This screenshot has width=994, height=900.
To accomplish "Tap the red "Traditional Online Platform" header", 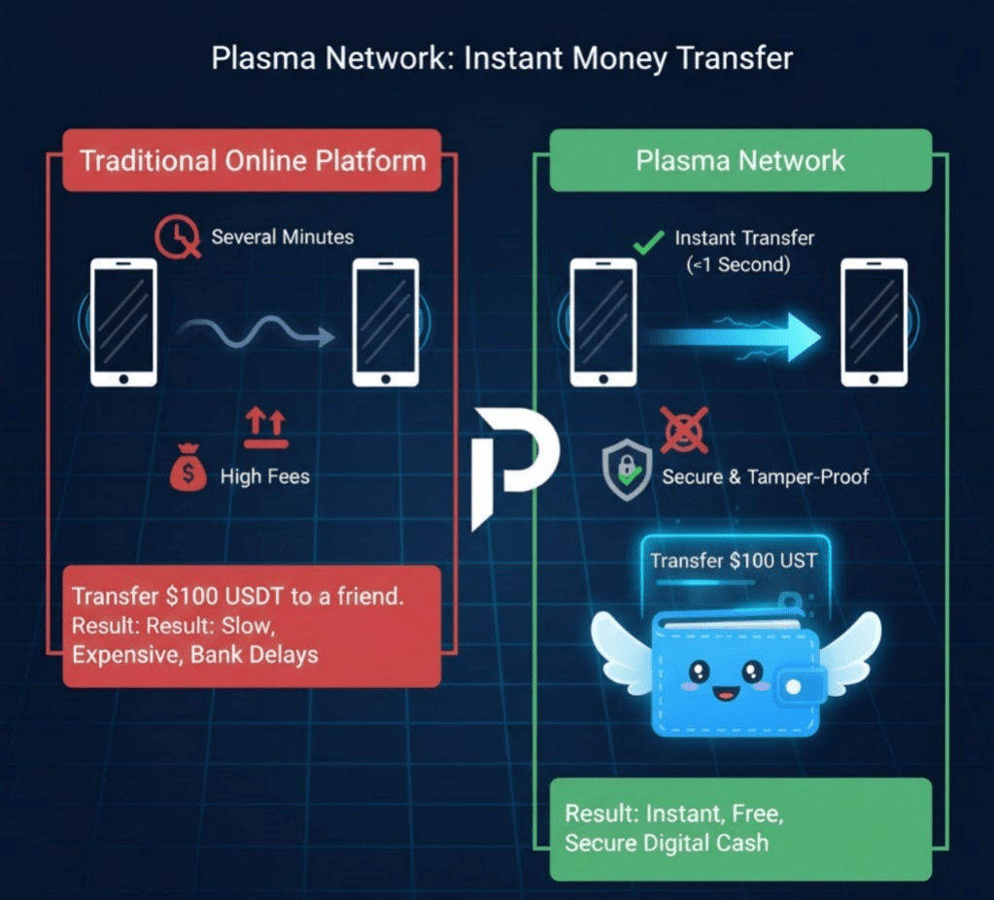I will tap(252, 160).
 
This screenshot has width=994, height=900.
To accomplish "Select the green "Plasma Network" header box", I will tap(740, 160).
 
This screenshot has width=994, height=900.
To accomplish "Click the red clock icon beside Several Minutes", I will tap(177, 236).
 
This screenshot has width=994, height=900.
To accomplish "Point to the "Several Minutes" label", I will tap(282, 236).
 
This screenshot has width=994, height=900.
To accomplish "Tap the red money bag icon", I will tap(188, 472).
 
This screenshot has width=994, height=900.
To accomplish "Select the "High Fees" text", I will tap(264, 476).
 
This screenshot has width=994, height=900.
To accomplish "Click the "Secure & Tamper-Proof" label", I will tap(766, 476).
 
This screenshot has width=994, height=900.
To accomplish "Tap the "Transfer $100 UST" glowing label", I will tap(734, 561).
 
